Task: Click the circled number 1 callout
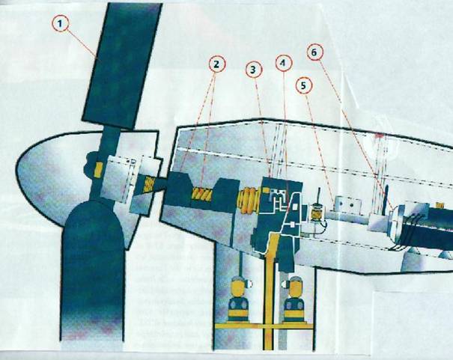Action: (x=60, y=24)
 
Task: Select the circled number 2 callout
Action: (x=216, y=64)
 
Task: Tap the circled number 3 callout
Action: (x=253, y=70)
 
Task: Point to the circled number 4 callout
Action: (x=284, y=63)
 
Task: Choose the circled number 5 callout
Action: (x=304, y=85)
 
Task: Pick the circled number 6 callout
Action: (x=314, y=52)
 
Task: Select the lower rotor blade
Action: (x=93, y=272)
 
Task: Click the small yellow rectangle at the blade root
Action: (x=99, y=169)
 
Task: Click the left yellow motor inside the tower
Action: (x=238, y=299)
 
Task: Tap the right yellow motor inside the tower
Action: (x=294, y=299)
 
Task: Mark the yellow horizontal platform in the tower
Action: (x=264, y=326)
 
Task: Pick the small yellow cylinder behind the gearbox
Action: (x=316, y=213)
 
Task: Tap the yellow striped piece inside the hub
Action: (x=149, y=185)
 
